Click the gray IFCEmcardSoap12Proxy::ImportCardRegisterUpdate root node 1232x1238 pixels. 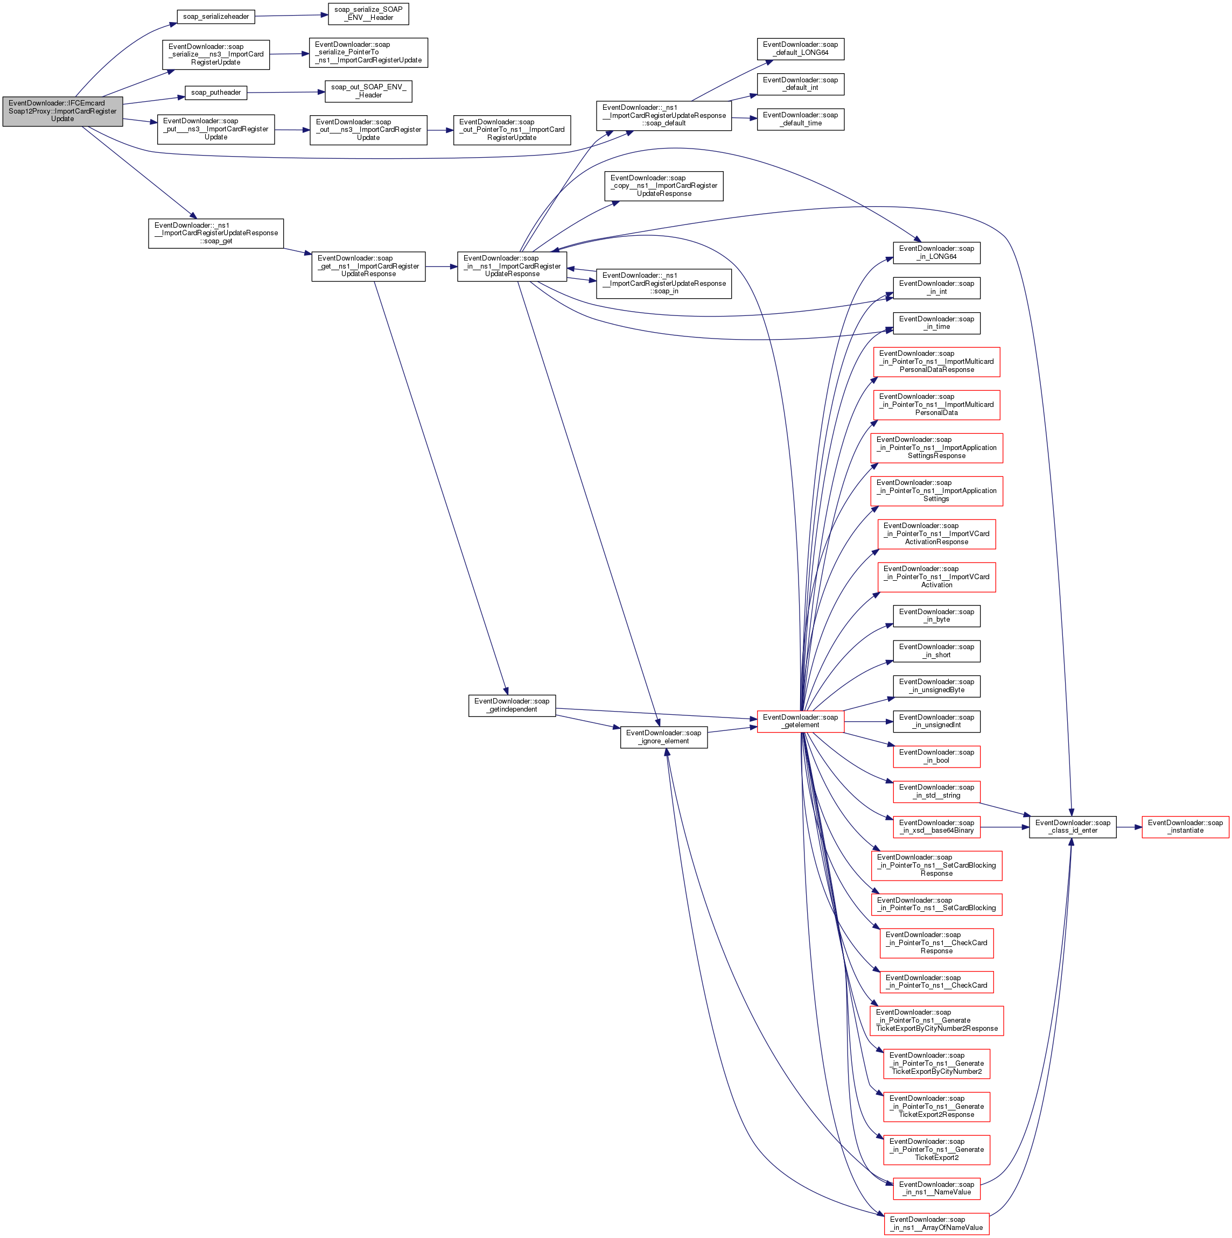pyautogui.click(x=62, y=111)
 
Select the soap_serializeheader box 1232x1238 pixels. pyautogui.click(x=215, y=17)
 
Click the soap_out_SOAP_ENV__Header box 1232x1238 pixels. pyautogui.click(x=368, y=91)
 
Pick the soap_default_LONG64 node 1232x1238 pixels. pyautogui.click(x=800, y=48)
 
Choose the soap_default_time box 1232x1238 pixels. pyautogui.click(x=800, y=119)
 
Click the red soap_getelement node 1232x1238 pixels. pyautogui.click(x=800, y=721)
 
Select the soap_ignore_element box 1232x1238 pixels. pyautogui.click(x=663, y=737)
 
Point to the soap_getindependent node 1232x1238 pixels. pyautogui.click(x=512, y=705)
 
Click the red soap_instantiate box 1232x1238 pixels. pyautogui.click(x=1185, y=827)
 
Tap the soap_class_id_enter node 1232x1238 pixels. pyautogui.click(x=1073, y=827)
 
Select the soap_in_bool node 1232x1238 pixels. pyautogui.click(x=936, y=756)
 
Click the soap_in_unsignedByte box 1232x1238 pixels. pyautogui.click(x=936, y=686)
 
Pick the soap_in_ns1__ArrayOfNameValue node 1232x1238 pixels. pyautogui.click(x=936, y=1223)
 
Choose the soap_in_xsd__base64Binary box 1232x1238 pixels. pyautogui.click(x=936, y=827)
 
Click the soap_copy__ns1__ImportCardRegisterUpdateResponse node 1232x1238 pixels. pyautogui.click(x=663, y=186)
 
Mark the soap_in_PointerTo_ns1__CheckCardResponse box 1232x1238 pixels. pyautogui.click(x=936, y=942)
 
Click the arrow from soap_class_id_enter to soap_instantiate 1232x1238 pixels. pyautogui.click(x=1129, y=827)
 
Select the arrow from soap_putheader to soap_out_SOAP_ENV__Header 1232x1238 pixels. pyautogui.click(x=286, y=92)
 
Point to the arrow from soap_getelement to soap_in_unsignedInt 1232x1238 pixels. pyautogui.click(x=869, y=721)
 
